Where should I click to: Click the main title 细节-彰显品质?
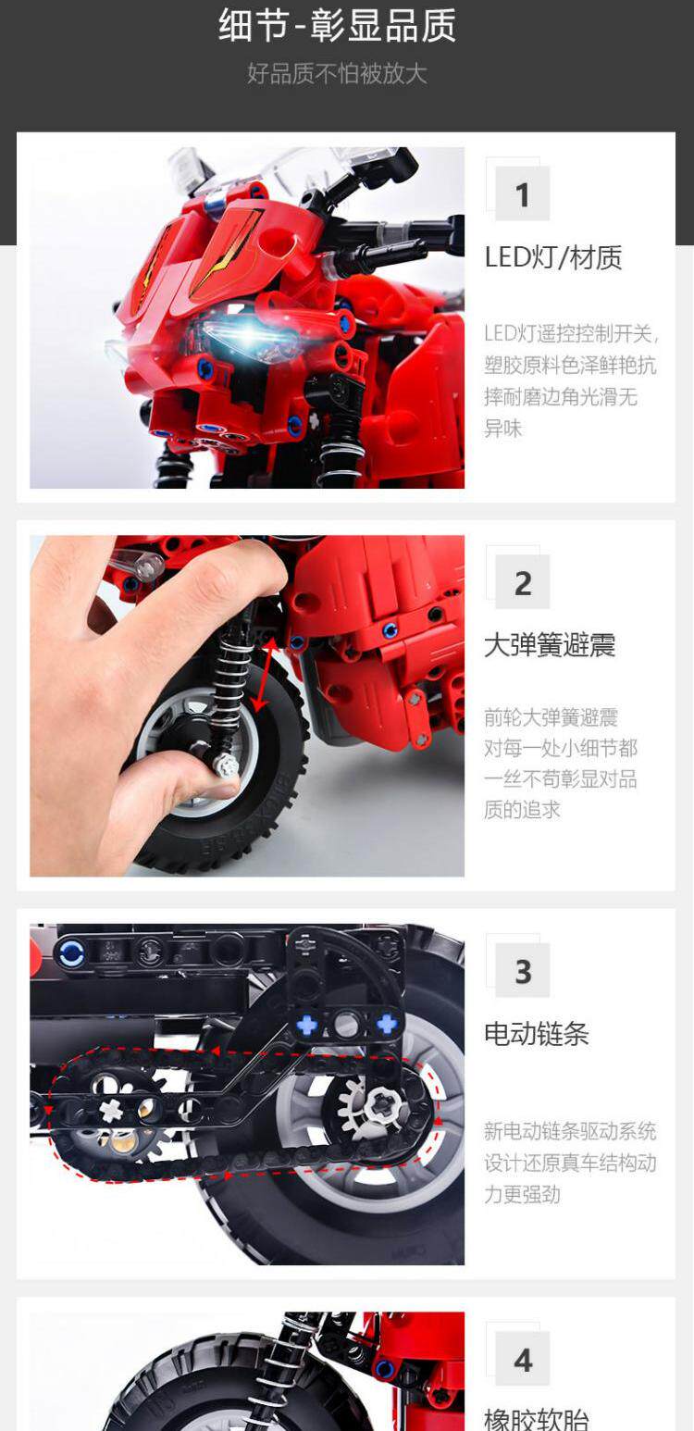[337, 26]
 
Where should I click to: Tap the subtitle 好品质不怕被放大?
[337, 73]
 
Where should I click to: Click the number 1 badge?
[522, 194]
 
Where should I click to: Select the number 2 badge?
[522, 582]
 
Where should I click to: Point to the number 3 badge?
[522, 971]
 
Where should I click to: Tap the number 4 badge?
[522, 1360]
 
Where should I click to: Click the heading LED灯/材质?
[553, 257]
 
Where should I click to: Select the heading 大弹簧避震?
[550, 645]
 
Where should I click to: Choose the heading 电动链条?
[537, 1034]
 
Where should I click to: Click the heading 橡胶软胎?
[537, 1420]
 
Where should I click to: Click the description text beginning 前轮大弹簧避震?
[561, 764]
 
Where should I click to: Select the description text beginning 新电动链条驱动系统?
[570, 1162]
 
